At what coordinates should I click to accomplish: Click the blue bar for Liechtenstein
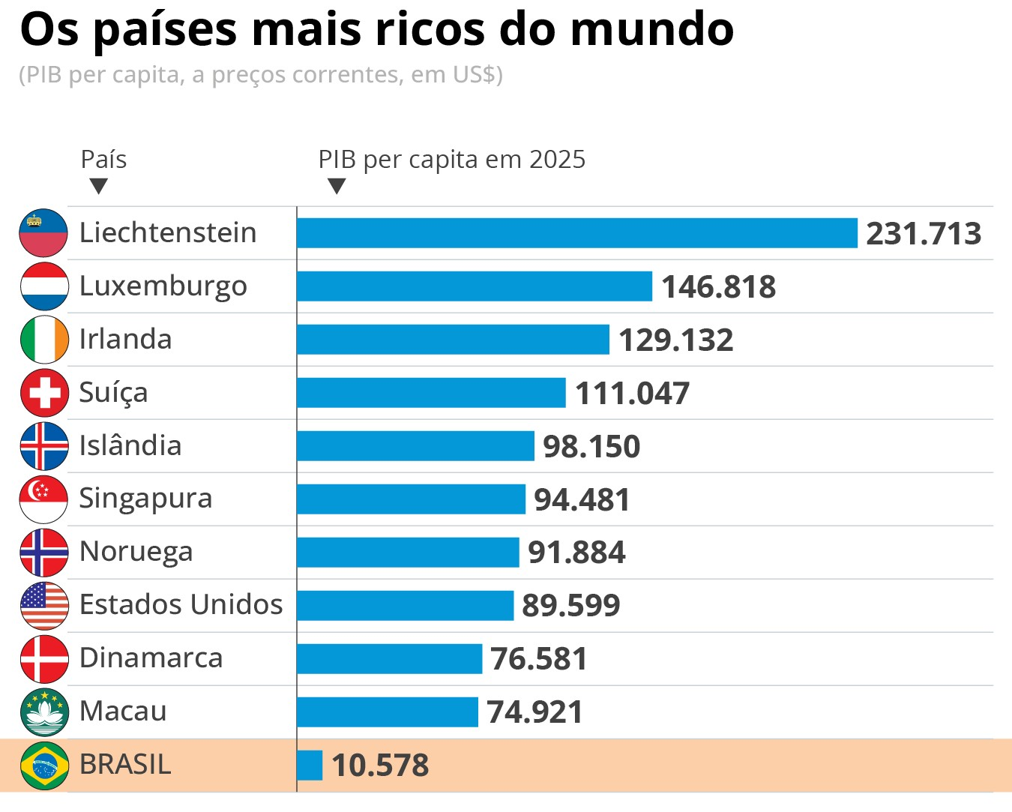click(576, 233)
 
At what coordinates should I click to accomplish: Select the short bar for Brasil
click(310, 766)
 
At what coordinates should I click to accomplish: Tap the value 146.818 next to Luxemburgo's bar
click(718, 287)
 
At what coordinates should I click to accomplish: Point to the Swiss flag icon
click(44, 393)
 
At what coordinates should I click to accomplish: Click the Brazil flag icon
click(44, 766)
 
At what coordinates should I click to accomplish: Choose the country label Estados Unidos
click(181, 604)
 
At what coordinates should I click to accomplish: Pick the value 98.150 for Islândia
click(591, 447)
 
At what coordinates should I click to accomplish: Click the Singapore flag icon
click(44, 499)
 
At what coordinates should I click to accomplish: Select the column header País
click(103, 160)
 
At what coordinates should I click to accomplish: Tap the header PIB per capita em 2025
click(451, 160)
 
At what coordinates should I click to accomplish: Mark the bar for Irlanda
click(453, 340)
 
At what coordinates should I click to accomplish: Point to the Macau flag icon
click(44, 712)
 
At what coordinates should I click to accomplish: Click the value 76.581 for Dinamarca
click(538, 659)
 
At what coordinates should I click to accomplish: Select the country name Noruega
click(136, 552)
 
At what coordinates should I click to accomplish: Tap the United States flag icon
click(44, 606)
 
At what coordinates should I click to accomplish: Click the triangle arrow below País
click(98, 186)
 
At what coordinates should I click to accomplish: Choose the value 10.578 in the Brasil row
click(379, 766)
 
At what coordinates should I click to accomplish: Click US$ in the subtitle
click(474, 75)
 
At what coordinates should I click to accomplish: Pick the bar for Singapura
click(411, 499)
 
